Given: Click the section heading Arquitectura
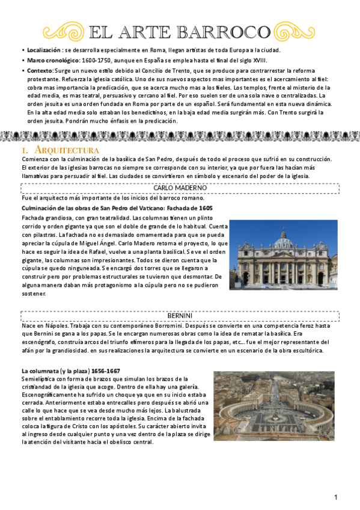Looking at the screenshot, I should click(x=66, y=149).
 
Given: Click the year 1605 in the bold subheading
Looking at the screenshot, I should click(x=203, y=207).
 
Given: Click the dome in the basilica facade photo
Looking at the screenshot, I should click(x=283, y=240).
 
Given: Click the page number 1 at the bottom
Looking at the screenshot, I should click(x=336, y=497).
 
